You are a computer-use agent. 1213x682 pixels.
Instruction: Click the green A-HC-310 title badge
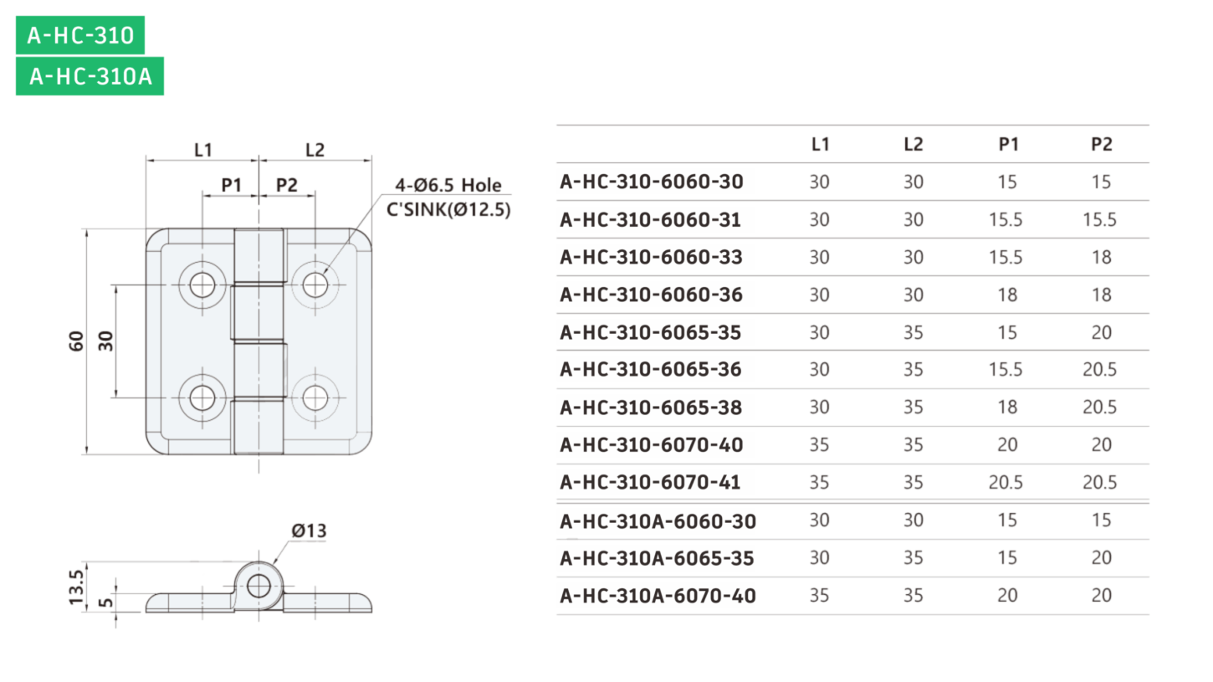click(x=80, y=35)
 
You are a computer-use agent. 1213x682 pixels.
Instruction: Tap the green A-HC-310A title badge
click(x=90, y=76)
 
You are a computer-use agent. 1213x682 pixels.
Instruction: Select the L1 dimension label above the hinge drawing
click(x=203, y=150)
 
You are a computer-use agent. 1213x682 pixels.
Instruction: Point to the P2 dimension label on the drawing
click(x=286, y=185)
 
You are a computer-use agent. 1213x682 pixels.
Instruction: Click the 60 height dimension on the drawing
click(x=76, y=341)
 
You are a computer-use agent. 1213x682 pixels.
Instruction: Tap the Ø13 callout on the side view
click(x=309, y=531)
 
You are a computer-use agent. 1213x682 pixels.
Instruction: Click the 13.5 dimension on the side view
click(x=76, y=587)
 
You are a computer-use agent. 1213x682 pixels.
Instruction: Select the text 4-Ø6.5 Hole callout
click(x=448, y=185)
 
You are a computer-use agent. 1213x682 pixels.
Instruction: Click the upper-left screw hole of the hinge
click(x=202, y=285)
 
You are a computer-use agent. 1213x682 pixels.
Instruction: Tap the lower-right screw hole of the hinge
click(x=315, y=398)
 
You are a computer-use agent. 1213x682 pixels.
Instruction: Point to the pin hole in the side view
click(x=258, y=586)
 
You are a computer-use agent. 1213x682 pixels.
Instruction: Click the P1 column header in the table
click(x=1008, y=144)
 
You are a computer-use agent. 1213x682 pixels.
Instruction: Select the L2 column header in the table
click(x=914, y=144)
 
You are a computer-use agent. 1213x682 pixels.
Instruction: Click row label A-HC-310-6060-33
click(x=651, y=257)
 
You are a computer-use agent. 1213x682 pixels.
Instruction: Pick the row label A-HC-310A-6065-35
click(x=657, y=558)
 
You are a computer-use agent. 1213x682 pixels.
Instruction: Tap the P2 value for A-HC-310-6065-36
click(x=1100, y=369)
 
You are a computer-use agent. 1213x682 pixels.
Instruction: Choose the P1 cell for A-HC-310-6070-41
click(x=1006, y=482)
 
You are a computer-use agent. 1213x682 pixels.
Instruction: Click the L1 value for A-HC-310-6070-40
click(x=819, y=444)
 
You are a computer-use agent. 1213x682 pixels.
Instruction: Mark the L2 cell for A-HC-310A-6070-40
click(x=913, y=595)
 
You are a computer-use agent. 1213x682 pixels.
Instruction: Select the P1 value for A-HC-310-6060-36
click(x=1007, y=295)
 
